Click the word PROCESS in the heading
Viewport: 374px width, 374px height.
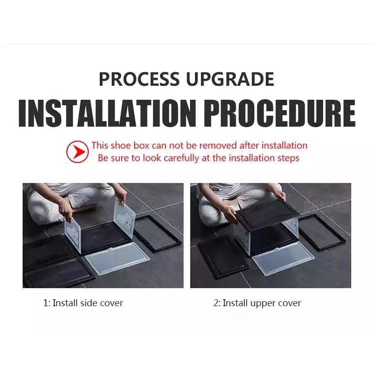(139, 79)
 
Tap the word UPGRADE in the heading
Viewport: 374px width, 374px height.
(230, 79)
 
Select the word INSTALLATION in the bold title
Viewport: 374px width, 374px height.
(107, 113)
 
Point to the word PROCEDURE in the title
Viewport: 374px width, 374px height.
(280, 113)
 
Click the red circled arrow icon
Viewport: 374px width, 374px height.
(77, 152)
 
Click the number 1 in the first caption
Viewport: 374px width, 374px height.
(45, 303)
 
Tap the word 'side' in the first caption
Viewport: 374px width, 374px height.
(89, 303)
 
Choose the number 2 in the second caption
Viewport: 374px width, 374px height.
(216, 303)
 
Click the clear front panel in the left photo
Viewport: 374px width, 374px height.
(118, 258)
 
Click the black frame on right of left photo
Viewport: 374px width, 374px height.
(158, 233)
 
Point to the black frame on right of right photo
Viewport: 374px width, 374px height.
(322, 232)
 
